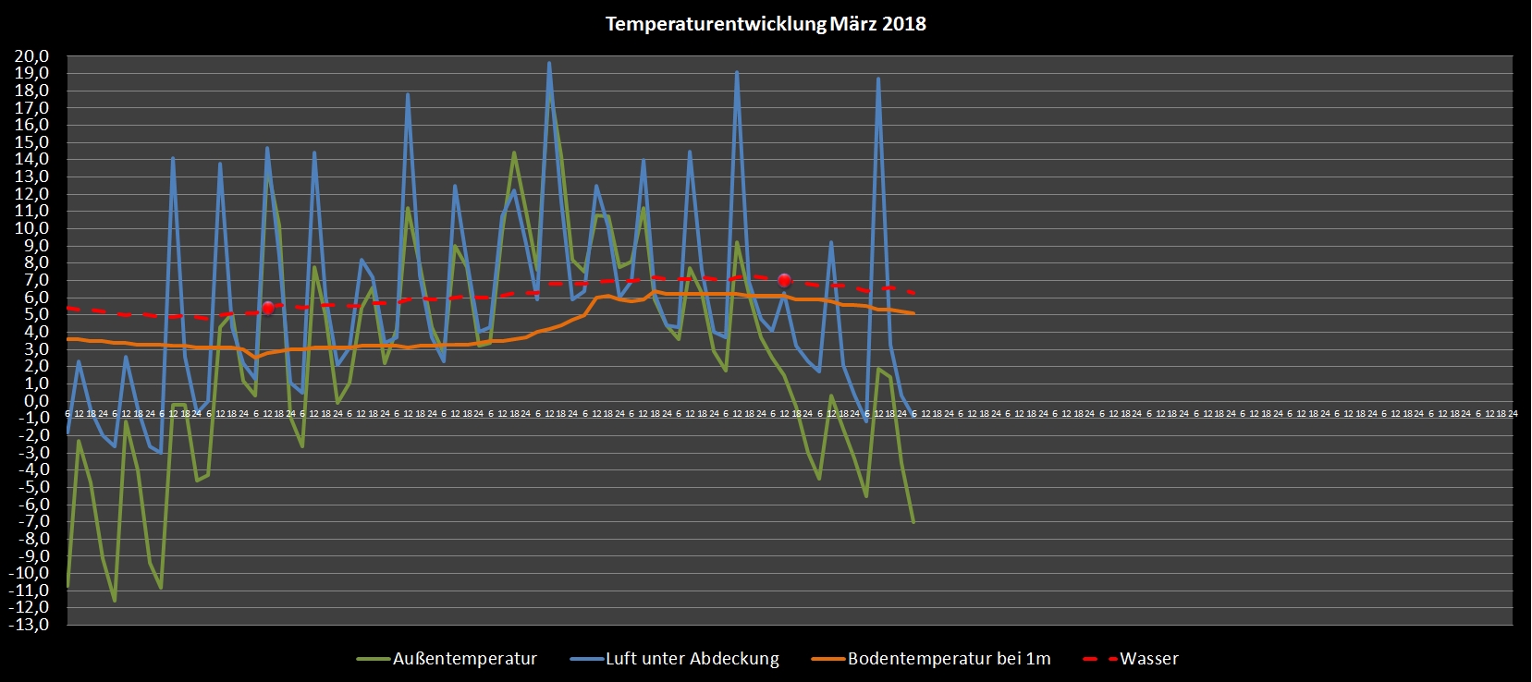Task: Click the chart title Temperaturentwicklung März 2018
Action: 766,24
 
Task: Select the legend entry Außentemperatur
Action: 464,659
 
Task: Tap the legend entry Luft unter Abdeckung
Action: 692,659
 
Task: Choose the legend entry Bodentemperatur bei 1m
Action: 949,659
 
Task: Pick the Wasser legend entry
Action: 1148,659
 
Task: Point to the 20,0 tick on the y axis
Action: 31,56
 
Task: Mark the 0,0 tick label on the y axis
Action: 35,401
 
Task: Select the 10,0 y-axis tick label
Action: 31,228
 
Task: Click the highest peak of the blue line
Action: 549,63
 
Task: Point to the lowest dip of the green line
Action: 115,601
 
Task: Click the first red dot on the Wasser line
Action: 268,308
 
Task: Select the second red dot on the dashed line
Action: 784,280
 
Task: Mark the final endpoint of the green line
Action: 913,522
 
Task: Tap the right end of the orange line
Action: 913,313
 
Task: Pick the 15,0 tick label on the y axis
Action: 31,142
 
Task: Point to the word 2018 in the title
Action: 903,24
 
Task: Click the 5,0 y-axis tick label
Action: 35,314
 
